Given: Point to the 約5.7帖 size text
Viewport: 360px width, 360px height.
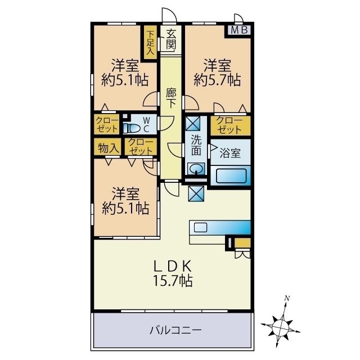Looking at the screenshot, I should [x=218, y=79].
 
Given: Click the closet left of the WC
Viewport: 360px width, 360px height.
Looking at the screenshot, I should [x=106, y=125].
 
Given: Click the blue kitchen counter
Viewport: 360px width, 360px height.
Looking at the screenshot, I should [x=219, y=227].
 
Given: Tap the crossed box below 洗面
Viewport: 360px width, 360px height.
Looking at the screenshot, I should [x=196, y=193].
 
